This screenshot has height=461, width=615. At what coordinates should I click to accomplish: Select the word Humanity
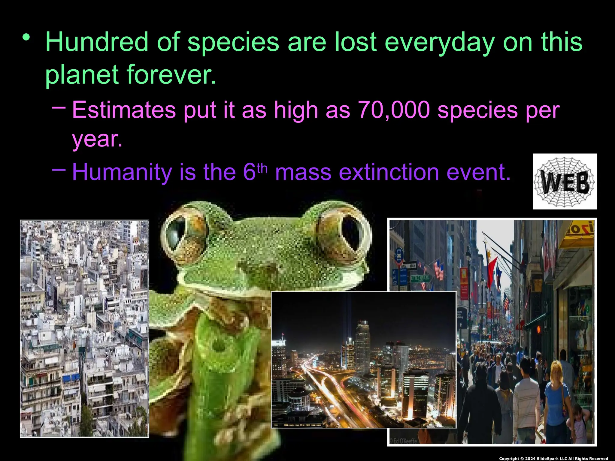(122, 172)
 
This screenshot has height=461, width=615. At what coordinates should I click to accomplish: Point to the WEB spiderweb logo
(565, 182)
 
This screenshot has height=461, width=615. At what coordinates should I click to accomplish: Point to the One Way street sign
(408, 266)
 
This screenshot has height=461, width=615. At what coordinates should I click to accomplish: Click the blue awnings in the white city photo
(71, 378)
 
